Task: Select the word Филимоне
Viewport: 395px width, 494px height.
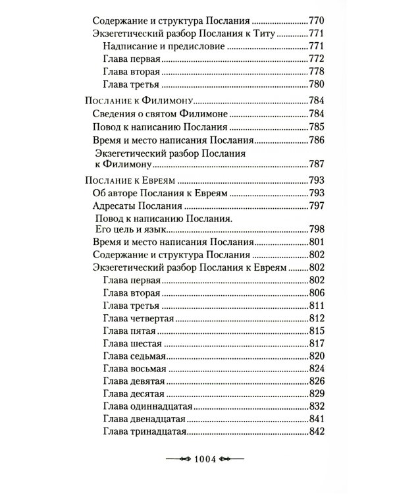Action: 208,114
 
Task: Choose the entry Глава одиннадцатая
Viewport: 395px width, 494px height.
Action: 146,405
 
